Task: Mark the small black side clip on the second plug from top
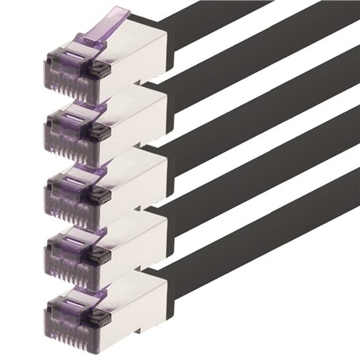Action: pyautogui.click(x=101, y=132)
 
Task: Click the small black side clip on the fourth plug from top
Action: pyautogui.click(x=101, y=256)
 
